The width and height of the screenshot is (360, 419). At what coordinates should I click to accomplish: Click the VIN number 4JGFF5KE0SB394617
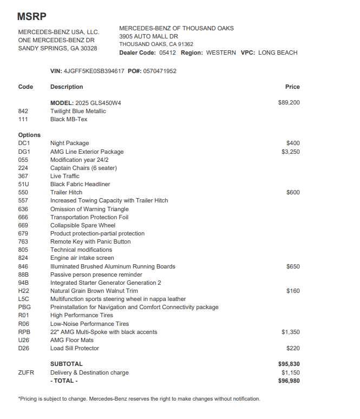(x=94, y=71)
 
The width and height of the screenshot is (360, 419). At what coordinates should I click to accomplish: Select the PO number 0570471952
(x=160, y=71)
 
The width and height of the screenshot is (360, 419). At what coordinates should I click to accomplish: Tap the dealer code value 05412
(x=168, y=53)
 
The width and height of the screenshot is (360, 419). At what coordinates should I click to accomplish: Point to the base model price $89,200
(x=289, y=103)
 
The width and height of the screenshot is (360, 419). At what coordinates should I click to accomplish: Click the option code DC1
(x=24, y=143)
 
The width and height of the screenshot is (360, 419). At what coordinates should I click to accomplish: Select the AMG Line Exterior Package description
(x=87, y=152)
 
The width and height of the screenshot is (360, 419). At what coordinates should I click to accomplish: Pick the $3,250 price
(x=290, y=152)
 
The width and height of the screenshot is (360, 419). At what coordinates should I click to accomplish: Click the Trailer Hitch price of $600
(x=293, y=192)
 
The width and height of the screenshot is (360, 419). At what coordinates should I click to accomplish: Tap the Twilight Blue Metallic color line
(x=78, y=111)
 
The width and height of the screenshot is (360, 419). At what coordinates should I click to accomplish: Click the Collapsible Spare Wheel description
(x=83, y=225)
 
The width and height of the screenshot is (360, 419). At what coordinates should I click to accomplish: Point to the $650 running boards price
(x=293, y=266)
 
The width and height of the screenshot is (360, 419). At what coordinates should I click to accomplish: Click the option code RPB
(x=24, y=332)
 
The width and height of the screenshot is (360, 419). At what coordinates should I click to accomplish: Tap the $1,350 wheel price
(x=290, y=332)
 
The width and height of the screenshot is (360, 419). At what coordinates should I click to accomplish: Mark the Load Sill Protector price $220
(x=293, y=348)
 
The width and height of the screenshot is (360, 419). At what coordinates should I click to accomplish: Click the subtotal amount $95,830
(x=289, y=364)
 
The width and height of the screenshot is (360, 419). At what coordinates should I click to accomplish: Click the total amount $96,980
(x=289, y=381)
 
